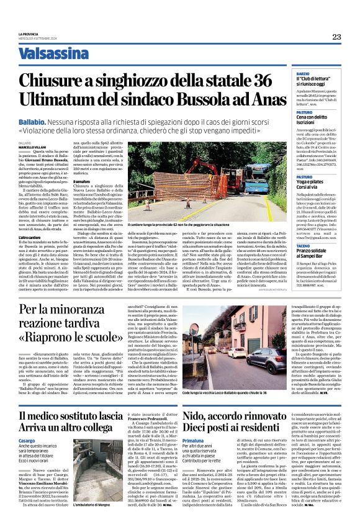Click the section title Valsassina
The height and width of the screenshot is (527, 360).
[53, 53]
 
